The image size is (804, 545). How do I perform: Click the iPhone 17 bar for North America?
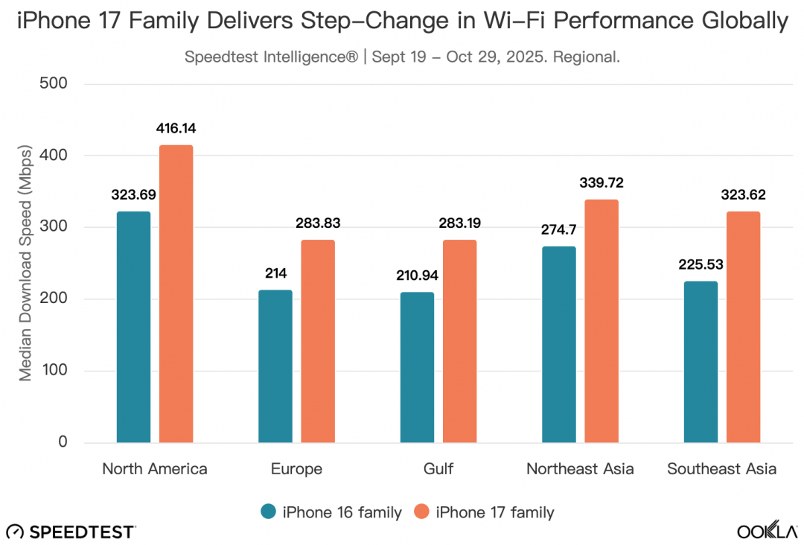coord(176,294)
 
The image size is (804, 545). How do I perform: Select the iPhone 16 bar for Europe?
coord(275,366)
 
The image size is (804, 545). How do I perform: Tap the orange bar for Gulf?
coord(459,341)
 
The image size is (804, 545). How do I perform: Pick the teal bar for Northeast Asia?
coord(558,345)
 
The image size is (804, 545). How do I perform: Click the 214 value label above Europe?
coord(275,272)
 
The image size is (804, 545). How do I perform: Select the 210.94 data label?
coord(417,275)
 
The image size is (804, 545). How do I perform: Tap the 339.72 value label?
coord(602,183)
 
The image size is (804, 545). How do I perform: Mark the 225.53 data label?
coord(701,264)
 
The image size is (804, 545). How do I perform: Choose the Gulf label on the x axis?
coord(438,469)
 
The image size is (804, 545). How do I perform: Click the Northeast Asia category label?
coord(580,469)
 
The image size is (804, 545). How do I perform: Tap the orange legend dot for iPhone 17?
coord(422,512)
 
